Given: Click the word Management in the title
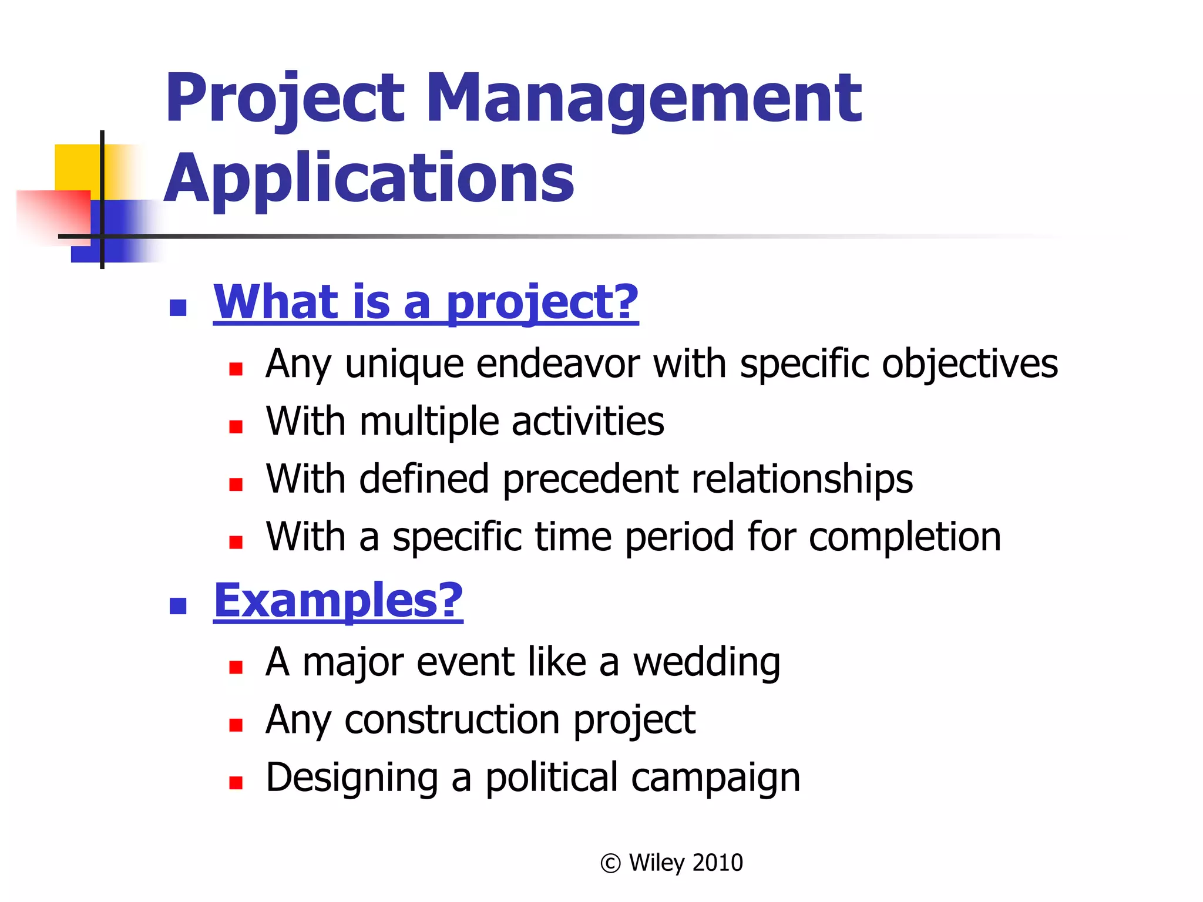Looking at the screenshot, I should (x=644, y=99).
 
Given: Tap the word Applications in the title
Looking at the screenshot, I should (x=369, y=178).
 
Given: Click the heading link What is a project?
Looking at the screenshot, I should (x=425, y=302).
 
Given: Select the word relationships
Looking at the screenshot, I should (x=802, y=480).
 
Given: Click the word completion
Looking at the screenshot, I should (x=905, y=537).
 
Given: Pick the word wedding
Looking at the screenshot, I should (x=706, y=662).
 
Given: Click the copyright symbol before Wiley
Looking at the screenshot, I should (x=610, y=863).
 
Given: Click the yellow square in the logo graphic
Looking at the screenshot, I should (x=76, y=166).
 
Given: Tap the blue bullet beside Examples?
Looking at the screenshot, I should (x=177, y=605).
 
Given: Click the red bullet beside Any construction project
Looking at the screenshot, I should (x=236, y=725).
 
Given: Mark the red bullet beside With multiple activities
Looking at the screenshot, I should (x=236, y=426).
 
